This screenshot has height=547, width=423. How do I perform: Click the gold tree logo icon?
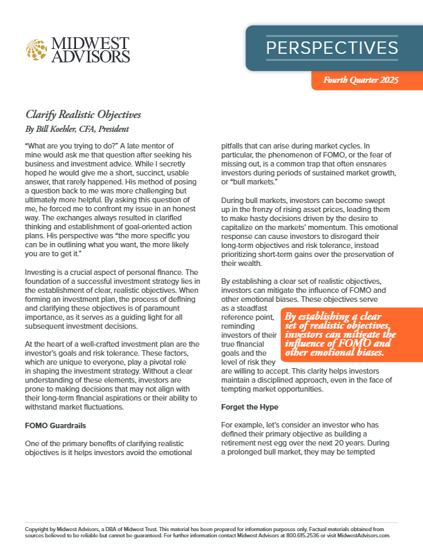[x=39, y=48]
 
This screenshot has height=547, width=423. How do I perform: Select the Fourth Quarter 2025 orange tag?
[x=361, y=81]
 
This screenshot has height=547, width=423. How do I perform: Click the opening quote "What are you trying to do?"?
[x=71, y=146]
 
